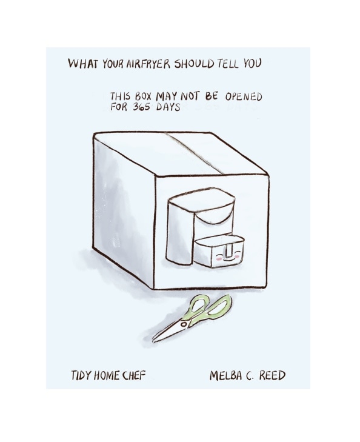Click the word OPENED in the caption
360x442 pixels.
tap(244, 97)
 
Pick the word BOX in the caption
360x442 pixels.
tap(143, 96)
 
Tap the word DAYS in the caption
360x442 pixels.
tap(168, 107)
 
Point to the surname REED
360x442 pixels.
tap(272, 375)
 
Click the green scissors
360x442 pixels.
tap(192, 318)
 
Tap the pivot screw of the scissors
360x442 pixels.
tap(184, 324)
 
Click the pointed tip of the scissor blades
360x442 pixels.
tap(153, 341)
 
